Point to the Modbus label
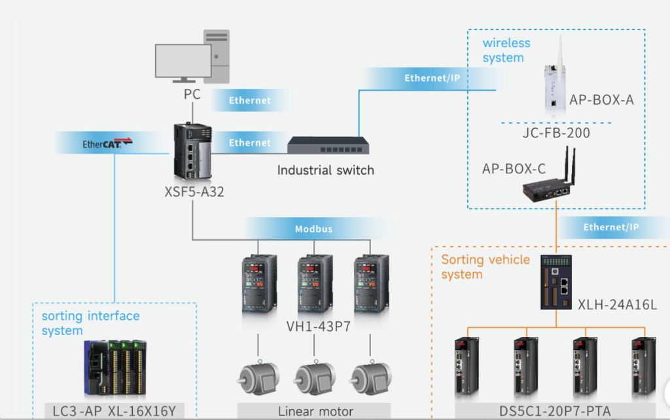[313, 229]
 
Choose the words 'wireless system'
[506, 50]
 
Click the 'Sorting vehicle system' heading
[485, 267]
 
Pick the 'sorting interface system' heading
[90, 323]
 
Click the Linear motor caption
[315, 411]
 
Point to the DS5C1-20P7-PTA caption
[555, 411]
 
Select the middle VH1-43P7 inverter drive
[314, 286]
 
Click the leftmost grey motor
[256, 378]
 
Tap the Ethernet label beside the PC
[249, 101]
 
